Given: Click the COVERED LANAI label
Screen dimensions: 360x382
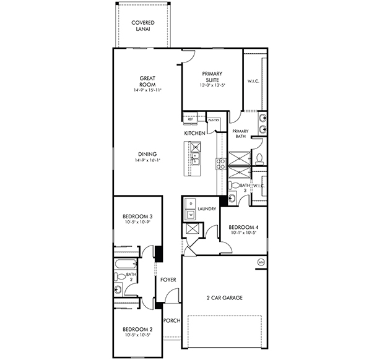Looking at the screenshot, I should pyautogui.click(x=142, y=27).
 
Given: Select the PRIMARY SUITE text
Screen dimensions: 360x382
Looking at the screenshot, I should pyautogui.click(x=212, y=77).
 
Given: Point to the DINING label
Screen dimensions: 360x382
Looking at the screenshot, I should pyautogui.click(x=147, y=155).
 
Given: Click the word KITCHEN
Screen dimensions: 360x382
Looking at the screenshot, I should pyautogui.click(x=194, y=134).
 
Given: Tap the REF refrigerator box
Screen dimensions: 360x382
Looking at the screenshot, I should pyautogui.click(x=191, y=119).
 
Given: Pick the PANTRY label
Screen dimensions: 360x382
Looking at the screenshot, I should pyautogui.click(x=214, y=120).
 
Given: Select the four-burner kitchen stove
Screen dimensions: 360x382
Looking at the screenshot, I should pyautogui.click(x=220, y=164).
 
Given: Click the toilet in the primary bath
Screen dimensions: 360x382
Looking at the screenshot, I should pyautogui.click(x=259, y=157).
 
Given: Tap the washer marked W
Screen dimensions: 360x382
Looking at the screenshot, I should pyautogui.click(x=191, y=214).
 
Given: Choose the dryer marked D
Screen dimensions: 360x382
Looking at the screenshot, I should pyautogui.click(x=191, y=204).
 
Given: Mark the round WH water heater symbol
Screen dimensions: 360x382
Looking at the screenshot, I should pyautogui.click(x=261, y=262).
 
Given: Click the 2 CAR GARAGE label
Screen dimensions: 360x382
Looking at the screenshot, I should pyautogui.click(x=224, y=298).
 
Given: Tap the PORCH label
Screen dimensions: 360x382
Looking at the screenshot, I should pyautogui.click(x=171, y=320).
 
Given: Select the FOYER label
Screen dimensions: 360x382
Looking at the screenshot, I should pyautogui.click(x=168, y=280).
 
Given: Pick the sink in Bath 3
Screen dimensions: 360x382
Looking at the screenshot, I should pyautogui.click(x=232, y=198).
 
